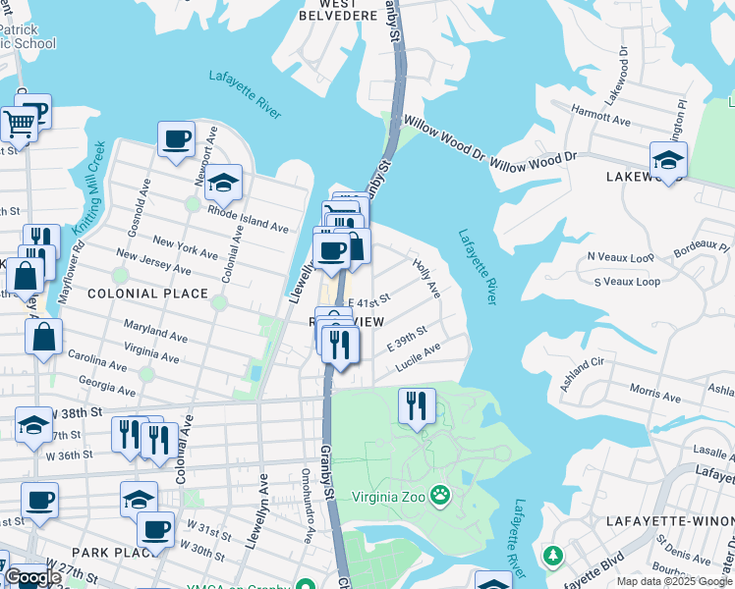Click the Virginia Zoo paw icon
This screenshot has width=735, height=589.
click(440, 496)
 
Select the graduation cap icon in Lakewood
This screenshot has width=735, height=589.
click(668, 160)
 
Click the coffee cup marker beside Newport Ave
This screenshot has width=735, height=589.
click(177, 139)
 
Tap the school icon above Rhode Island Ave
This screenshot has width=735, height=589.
click(223, 183)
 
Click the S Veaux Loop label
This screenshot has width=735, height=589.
click(627, 282)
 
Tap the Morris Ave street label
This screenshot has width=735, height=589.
click(654, 394)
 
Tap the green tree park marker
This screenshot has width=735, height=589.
click(553, 557)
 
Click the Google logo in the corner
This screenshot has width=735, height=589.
click(31, 578)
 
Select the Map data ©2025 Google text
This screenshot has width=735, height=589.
click(674, 581)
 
